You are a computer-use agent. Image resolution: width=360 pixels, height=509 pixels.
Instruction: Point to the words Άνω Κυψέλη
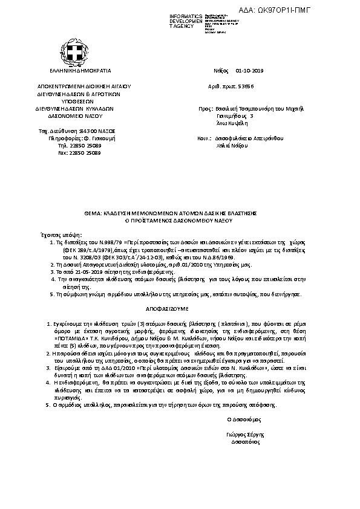pyautogui.click(x=230, y=123)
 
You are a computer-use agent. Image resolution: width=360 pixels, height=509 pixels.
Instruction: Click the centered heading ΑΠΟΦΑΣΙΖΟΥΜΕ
pyautogui.click(x=180, y=306)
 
